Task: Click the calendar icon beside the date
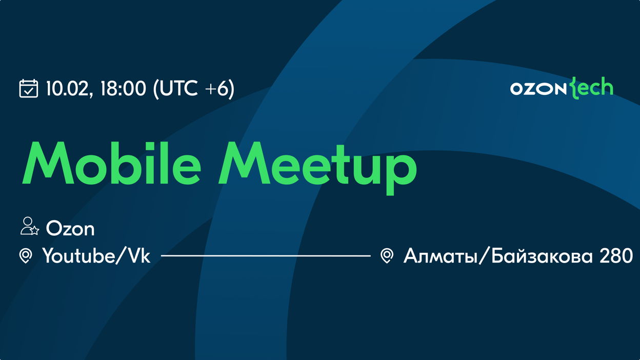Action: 29,89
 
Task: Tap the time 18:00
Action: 123,88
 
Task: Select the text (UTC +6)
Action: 194,89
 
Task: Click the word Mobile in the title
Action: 112,163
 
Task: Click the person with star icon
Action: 30,226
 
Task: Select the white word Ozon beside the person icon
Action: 70,229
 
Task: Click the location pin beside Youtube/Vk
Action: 26,256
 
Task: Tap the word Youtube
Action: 78,255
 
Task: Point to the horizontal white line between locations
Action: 266,256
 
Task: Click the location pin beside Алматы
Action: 387,256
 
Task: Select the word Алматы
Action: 441,256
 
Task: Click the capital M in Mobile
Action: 48,163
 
